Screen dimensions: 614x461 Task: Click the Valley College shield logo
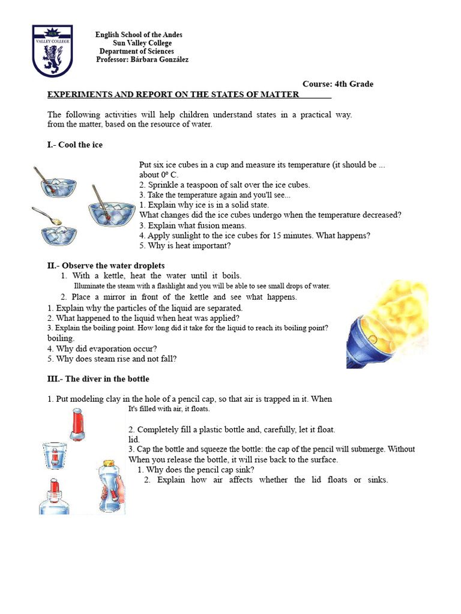52,51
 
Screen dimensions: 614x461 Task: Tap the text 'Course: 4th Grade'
337,84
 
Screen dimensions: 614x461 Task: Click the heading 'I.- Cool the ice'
75,145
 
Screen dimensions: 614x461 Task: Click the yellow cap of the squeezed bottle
109,463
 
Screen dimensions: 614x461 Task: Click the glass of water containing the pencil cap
55,456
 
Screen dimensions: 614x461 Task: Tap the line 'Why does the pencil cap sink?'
196,470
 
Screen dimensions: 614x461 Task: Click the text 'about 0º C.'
159,175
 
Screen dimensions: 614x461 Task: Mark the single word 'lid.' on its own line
134,440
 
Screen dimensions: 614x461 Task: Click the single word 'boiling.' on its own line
61,338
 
